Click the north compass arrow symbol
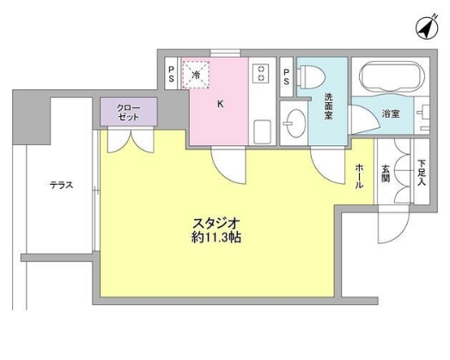coord(424,27)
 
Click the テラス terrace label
coord(61,185)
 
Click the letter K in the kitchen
coord(221,105)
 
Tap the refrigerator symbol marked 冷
coord(197,75)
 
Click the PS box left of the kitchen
coord(172,73)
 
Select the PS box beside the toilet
coord(287,73)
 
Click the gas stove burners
coord(259,74)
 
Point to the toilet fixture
coord(310,77)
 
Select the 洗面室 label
coord(329,105)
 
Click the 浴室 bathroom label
coord(391,113)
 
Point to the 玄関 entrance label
coord(386,173)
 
